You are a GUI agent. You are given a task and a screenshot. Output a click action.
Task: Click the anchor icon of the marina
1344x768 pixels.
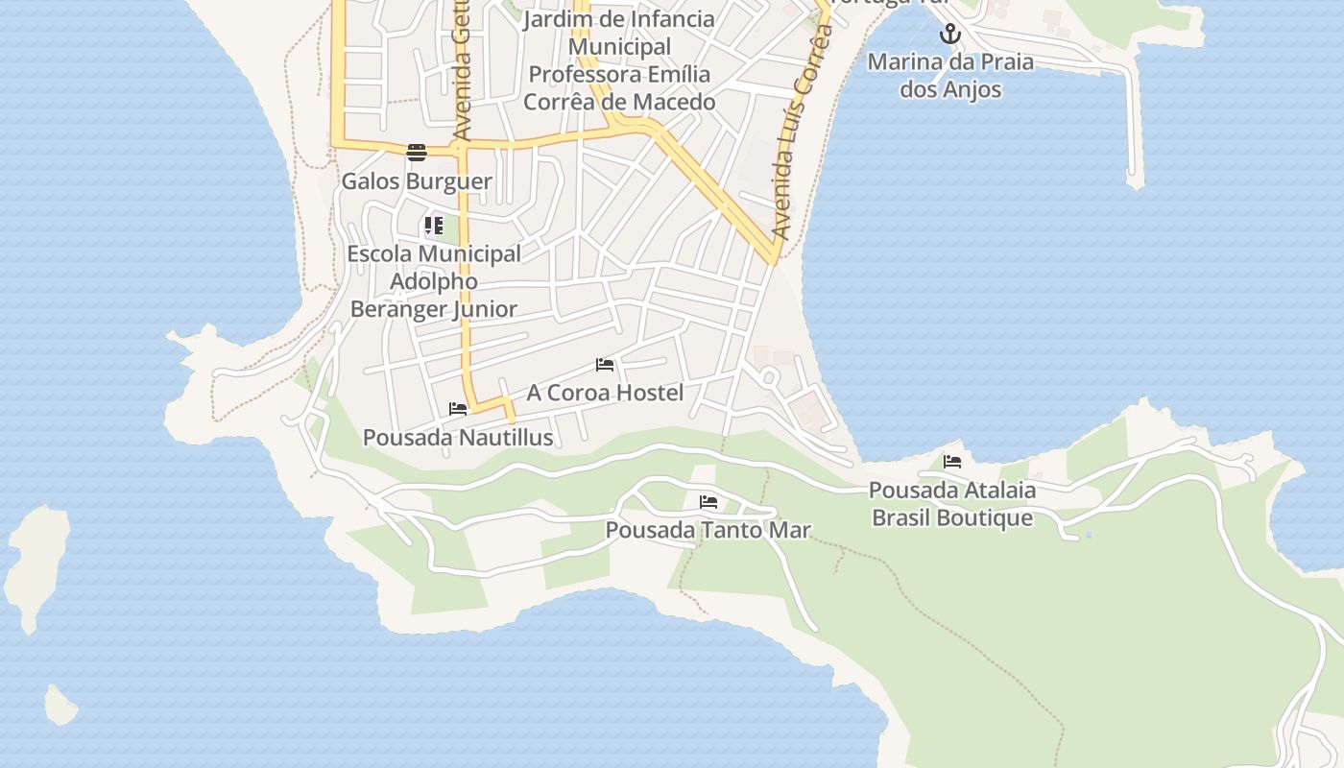pos(949,35)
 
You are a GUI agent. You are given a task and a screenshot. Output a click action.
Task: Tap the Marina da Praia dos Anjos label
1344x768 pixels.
pos(950,76)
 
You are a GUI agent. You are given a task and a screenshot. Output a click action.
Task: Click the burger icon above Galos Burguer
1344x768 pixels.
pos(416,152)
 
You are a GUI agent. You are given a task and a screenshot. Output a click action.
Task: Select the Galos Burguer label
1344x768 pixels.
pos(417,181)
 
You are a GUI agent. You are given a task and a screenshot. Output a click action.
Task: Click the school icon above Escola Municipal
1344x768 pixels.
pos(433,227)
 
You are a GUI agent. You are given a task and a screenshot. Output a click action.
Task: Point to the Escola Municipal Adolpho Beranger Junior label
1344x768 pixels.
pos(434,281)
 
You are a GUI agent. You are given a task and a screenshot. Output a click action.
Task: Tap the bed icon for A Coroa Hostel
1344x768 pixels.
pos(605,365)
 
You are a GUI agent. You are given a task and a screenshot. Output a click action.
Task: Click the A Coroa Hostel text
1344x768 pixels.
pos(605,393)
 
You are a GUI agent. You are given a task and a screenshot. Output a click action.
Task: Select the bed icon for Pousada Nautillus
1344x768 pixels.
pos(458,409)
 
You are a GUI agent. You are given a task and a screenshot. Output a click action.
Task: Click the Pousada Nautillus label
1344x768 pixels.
pos(458,438)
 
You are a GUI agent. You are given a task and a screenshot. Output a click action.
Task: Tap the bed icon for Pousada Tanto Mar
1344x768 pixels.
pos(708,502)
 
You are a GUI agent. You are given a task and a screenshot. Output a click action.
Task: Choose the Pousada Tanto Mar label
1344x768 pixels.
pos(708,530)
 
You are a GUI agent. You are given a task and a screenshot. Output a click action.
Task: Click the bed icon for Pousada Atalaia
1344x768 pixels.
pos(952,462)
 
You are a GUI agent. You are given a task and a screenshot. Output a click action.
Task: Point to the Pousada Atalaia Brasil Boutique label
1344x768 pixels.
pos(951,504)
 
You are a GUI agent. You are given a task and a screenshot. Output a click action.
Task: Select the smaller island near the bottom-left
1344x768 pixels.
pos(60,706)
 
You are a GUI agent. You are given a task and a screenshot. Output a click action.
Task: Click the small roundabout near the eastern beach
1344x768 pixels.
pos(769,376)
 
